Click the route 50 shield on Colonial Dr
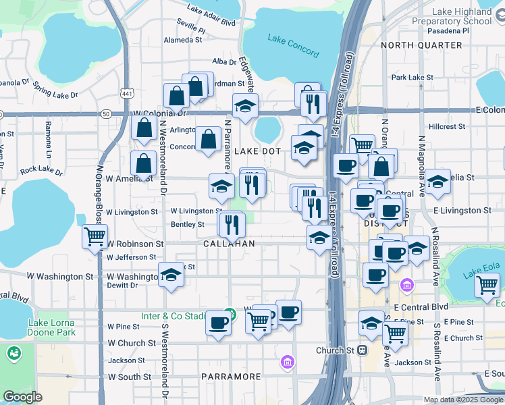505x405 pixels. pyautogui.click(x=107, y=114)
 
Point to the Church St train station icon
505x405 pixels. pyautogui.click(x=362, y=350)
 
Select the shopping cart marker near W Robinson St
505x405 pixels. pyautogui.click(x=95, y=237)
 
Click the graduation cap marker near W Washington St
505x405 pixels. pyautogui.click(x=171, y=275)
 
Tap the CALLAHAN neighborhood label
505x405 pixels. pyautogui.click(x=230, y=243)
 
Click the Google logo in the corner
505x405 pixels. pyautogui.click(x=23, y=397)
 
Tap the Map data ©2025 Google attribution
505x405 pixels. pyautogui.click(x=463, y=400)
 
